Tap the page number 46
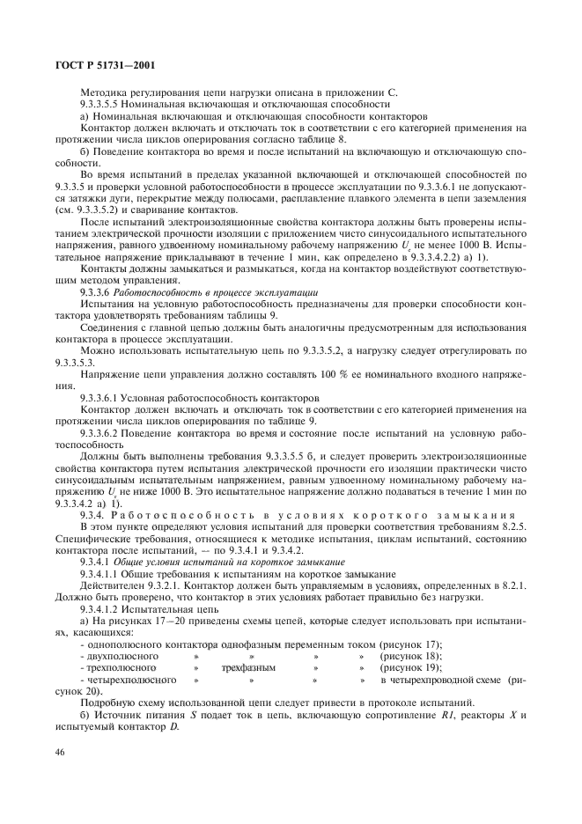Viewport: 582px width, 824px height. pos(60,751)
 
